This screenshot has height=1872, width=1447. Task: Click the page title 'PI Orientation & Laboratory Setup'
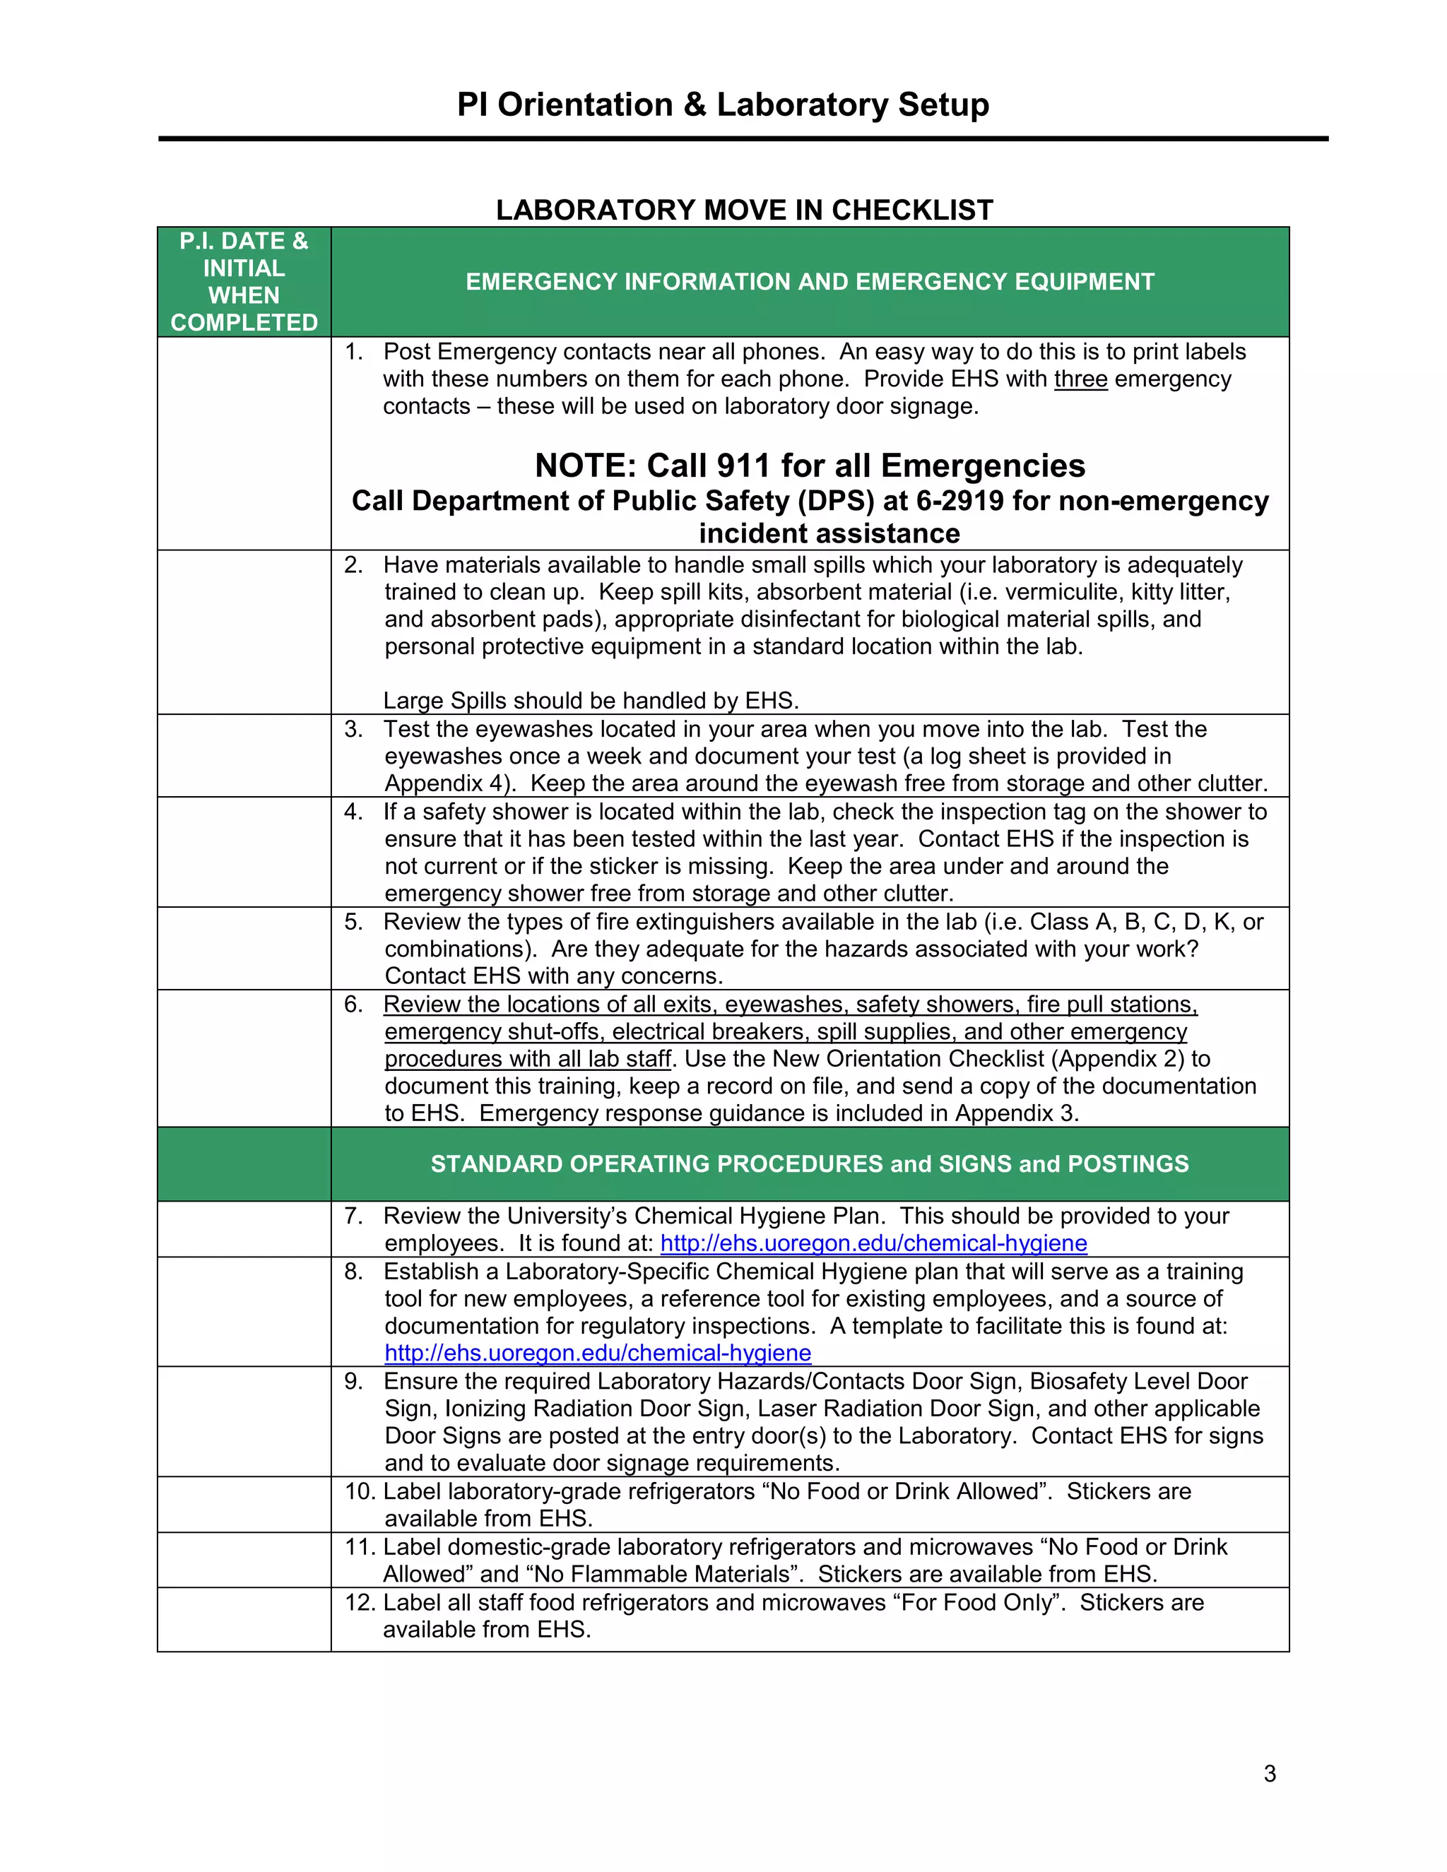pos(723,105)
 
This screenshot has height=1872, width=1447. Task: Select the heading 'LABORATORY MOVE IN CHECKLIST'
pos(744,210)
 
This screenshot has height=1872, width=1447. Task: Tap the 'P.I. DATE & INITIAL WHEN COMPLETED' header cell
pos(244,282)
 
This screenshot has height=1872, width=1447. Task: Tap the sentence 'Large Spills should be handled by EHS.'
pos(591,701)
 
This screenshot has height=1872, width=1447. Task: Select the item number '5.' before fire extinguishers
pos(353,923)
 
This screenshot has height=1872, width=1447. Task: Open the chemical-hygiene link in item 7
pos(873,1244)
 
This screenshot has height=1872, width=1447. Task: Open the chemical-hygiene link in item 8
pos(598,1353)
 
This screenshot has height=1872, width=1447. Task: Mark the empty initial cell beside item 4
pos(244,853)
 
